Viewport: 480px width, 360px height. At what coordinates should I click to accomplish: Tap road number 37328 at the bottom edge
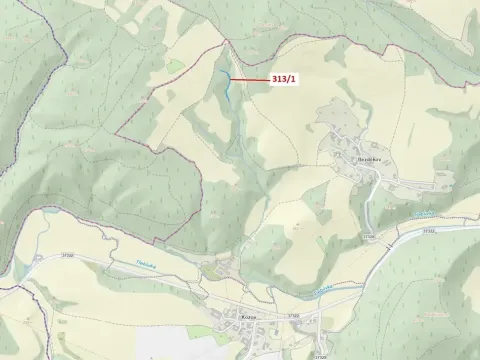(319, 355)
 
